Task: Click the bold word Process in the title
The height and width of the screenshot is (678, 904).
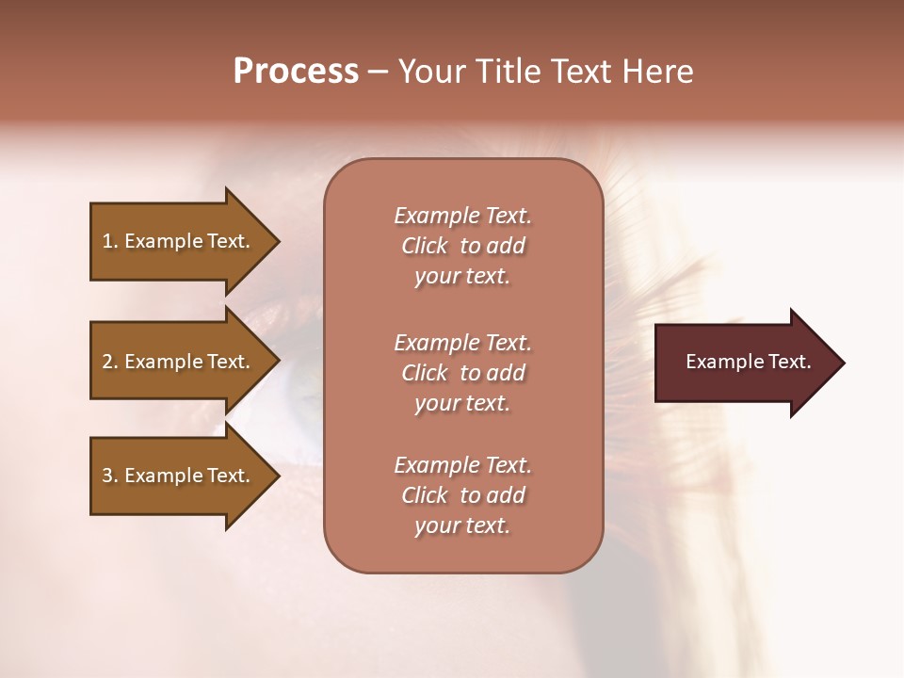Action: [296, 72]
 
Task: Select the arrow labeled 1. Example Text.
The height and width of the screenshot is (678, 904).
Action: [179, 241]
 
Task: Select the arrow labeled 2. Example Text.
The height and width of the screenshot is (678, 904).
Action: [179, 362]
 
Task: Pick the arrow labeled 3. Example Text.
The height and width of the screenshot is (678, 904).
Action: [179, 476]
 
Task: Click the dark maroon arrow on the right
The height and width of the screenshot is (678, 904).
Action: [744, 362]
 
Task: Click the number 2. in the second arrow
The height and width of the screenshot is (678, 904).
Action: [109, 362]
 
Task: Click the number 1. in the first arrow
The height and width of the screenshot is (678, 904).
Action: [109, 241]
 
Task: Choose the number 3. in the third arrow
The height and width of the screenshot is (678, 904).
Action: [109, 476]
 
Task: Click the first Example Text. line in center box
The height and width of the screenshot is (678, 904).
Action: [462, 216]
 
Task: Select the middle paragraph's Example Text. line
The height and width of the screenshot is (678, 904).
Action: [462, 343]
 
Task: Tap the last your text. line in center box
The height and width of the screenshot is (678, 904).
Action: [462, 525]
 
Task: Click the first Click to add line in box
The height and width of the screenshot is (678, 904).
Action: [462, 246]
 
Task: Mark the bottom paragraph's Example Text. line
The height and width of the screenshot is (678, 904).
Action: [462, 465]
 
